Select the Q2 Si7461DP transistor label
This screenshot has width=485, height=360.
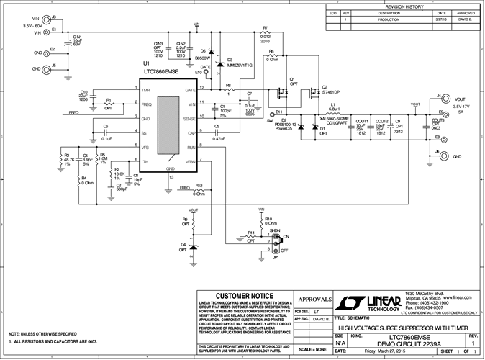(x=330, y=93)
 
